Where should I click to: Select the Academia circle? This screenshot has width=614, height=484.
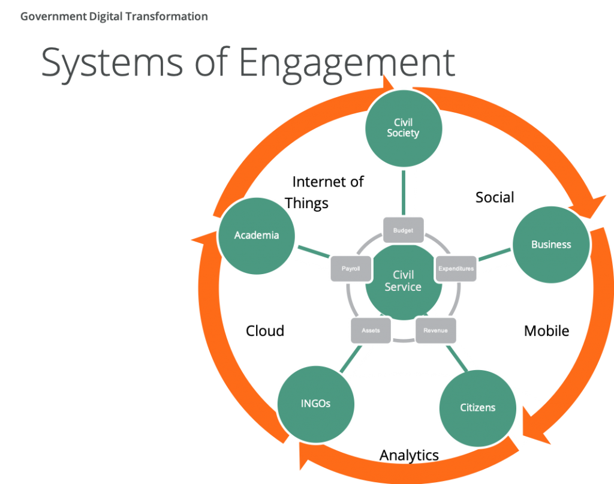pos(257,235)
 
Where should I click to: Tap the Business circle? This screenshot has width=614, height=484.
pos(550,245)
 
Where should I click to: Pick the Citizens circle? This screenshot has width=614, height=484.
pos(477,408)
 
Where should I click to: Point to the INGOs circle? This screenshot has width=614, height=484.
pos(315,404)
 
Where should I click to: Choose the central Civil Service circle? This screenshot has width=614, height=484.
pos(403,281)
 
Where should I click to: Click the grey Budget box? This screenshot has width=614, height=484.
pos(403,230)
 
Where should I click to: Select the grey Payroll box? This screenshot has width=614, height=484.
pos(351,269)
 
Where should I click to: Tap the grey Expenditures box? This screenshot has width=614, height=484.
pos(456,268)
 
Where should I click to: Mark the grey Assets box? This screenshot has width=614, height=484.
pos(371,330)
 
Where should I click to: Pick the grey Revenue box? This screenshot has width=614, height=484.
pos(435,330)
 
